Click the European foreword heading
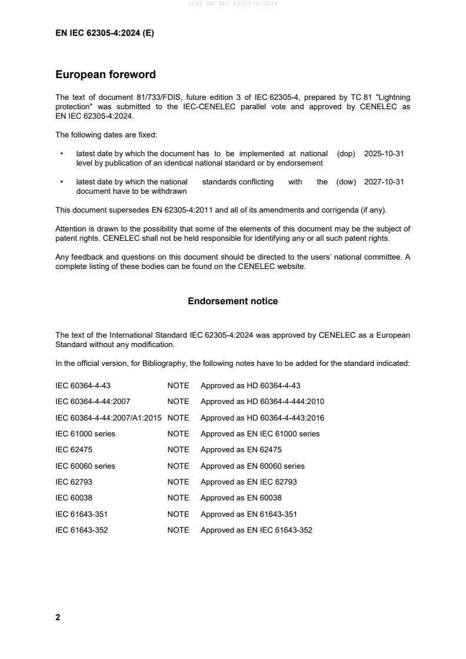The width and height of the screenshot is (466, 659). pos(105,75)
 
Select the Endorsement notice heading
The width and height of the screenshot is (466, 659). pos(233,301)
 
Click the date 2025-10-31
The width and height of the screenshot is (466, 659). pos(384,153)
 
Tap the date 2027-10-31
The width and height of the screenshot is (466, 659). pos(384,182)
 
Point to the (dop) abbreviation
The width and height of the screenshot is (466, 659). pos(347,153)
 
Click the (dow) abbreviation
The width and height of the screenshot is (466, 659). pos(346,182)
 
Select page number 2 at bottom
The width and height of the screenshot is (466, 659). pos(58,617)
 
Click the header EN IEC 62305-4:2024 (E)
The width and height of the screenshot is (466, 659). pos(104,33)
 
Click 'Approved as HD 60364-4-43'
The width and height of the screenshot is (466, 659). pos(250,386)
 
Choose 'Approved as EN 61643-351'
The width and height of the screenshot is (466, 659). pos(249,514)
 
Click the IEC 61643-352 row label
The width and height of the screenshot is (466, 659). pos(81,530)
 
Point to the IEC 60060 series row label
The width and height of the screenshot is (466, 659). pos(85,466)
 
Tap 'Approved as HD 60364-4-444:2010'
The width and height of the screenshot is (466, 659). pos(262,402)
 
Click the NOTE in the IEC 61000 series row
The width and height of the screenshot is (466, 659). pos(178,434)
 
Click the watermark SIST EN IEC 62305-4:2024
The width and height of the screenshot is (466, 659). pos(233,4)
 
